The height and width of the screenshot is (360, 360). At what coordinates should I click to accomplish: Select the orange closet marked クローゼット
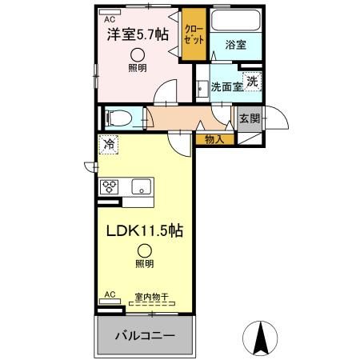191,34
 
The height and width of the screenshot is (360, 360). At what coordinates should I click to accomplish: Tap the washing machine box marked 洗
252,80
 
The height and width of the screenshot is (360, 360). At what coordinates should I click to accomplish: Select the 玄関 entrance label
249,118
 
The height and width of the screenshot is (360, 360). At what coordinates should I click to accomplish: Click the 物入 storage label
214,139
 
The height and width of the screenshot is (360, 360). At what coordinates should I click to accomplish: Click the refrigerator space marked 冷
108,146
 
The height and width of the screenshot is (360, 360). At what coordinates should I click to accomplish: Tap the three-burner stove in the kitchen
109,187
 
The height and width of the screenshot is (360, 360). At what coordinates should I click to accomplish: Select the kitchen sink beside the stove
140,188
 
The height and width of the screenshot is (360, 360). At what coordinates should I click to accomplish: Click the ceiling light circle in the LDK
144,250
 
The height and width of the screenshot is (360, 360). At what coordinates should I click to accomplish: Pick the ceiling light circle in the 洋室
138,54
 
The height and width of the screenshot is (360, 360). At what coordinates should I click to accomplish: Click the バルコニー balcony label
145,334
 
